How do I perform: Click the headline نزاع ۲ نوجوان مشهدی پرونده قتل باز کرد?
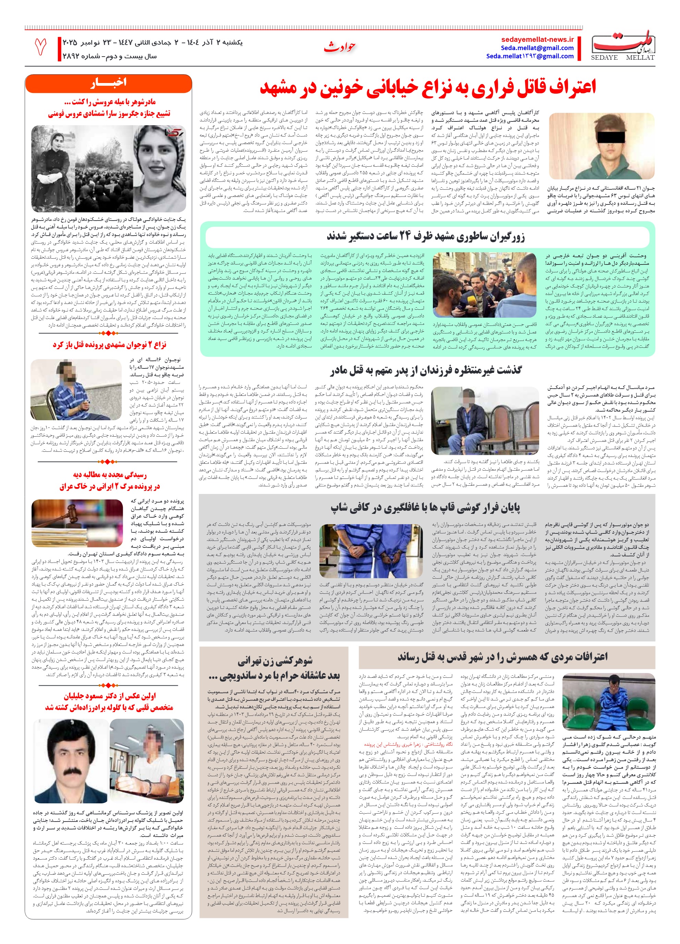pyautogui.click(x=109, y=345)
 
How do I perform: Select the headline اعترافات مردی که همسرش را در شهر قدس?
pyautogui.click(x=502, y=657)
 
